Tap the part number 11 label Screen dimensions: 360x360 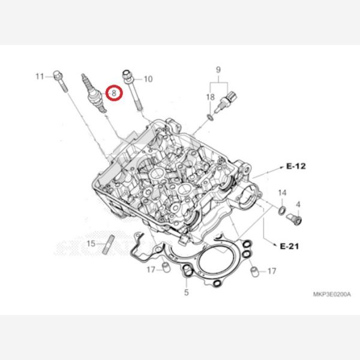click(40, 76)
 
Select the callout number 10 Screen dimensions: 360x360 click(148, 79)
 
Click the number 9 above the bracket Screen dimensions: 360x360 click(218, 70)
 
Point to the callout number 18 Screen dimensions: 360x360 click(211, 97)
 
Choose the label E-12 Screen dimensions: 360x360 click(296, 166)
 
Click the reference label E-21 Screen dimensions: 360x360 click(290, 247)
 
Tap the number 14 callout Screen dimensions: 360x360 click(282, 193)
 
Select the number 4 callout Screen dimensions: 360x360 click(298, 205)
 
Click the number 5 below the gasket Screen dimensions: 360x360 click(186, 292)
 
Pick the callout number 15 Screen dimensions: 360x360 click(91, 244)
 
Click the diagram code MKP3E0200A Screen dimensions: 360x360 click(332, 294)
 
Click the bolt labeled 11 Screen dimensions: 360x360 click(61, 81)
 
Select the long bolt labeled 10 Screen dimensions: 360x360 click(133, 90)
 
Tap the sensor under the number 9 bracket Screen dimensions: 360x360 click(226, 101)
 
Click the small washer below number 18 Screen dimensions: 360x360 click(211, 118)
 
